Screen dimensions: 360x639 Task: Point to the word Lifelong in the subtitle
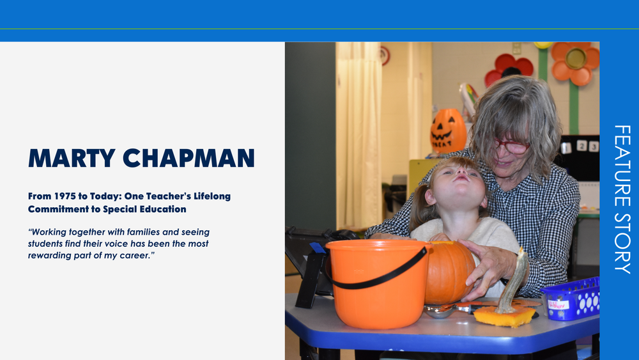tap(207, 196)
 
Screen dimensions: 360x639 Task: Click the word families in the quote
tap(153, 232)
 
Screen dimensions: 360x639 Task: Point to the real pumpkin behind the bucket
tap(450, 272)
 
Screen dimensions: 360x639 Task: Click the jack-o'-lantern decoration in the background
tap(448, 130)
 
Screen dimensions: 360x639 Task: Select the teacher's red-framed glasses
tap(512, 147)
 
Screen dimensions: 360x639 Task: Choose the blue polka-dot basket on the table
tap(572, 299)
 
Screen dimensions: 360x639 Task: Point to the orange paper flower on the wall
tap(575, 62)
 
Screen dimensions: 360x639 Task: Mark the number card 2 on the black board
tap(581, 146)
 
